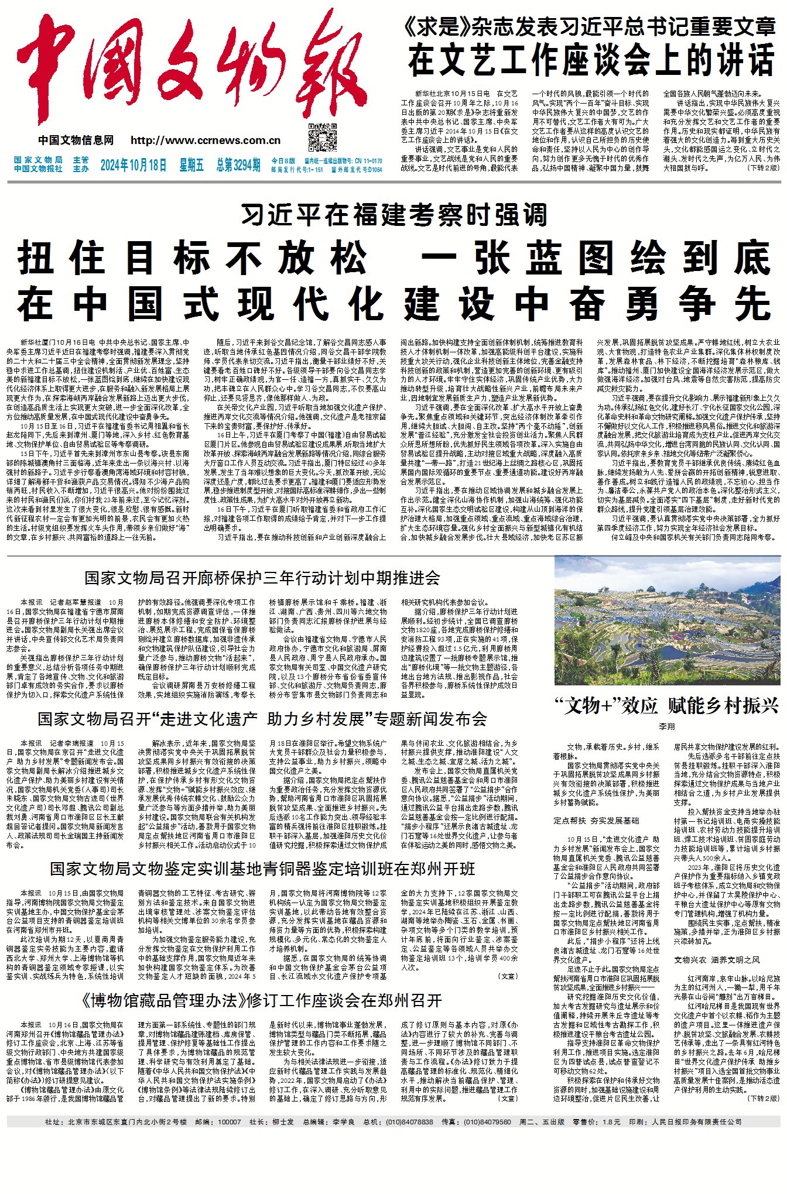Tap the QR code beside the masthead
coord(323,138)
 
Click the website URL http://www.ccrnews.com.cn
coord(206,140)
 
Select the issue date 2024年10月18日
coord(134,165)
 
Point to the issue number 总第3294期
coord(238,165)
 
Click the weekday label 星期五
coord(191,165)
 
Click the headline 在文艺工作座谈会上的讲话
coord(591,60)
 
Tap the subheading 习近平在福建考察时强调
coord(393,215)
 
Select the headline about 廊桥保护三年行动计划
coord(262,578)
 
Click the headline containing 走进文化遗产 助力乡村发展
coord(262,719)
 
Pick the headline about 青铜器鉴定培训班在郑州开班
coord(262,869)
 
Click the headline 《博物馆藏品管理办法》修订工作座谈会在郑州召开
coord(262,1000)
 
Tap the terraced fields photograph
coord(667,621)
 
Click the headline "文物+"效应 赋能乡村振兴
coord(667,706)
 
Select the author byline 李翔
coord(667,727)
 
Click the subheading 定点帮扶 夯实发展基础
coord(597,821)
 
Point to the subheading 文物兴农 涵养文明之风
coord(717,960)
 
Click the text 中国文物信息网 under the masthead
coord(76,140)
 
